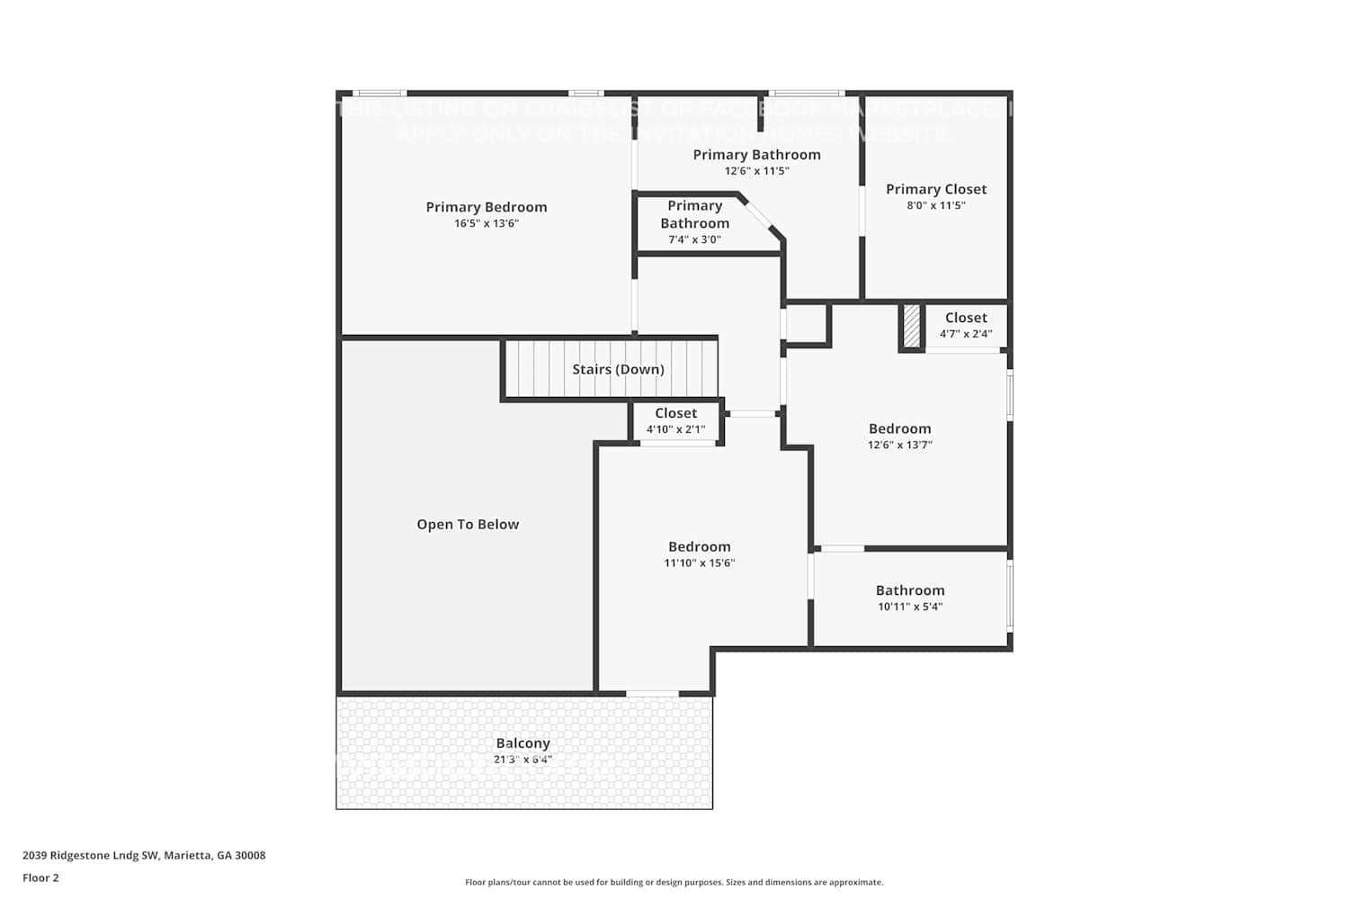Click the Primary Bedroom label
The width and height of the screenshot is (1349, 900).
coord(486,207)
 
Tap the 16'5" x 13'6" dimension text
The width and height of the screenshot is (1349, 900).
coord(486,223)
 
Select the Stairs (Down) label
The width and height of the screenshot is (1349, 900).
coord(618,369)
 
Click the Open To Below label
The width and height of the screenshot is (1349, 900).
coord(468,525)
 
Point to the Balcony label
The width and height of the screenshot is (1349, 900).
coord(523,743)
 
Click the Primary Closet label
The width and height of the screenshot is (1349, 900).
coord(935,189)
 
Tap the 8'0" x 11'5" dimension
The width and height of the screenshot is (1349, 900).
coord(935,205)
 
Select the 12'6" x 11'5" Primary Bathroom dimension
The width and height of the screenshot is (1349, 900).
coord(756,171)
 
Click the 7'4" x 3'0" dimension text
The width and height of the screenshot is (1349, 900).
coord(694,239)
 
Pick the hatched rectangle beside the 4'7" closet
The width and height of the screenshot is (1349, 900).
coord(911,326)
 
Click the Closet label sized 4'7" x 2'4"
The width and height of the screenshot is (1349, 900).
coord(966,318)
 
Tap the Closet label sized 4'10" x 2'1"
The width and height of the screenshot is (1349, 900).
coord(675,413)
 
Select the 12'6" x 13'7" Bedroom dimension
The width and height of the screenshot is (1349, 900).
coord(899,445)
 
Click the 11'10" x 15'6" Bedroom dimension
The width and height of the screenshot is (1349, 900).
coord(699,562)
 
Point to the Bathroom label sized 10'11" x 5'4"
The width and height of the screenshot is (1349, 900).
coord(909,590)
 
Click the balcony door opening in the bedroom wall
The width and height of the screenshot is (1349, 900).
coord(652,693)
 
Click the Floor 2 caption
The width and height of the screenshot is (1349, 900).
coord(40,877)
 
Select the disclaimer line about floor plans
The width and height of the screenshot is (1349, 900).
coord(674,882)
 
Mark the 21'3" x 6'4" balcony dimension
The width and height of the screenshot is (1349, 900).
coord(523,760)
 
